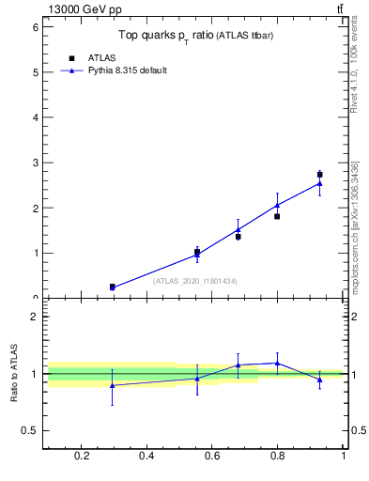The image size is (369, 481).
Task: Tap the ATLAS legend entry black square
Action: (x=71, y=58)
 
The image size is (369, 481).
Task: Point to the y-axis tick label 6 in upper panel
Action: (x=34, y=27)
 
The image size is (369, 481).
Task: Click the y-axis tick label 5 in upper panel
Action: (x=34, y=72)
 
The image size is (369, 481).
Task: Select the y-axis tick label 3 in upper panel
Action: (x=34, y=163)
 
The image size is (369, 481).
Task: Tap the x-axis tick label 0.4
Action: (x=146, y=457)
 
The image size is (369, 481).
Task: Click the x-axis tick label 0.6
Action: (x=212, y=457)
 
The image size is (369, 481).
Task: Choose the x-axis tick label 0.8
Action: (x=277, y=457)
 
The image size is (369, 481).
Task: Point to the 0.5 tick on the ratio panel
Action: (x=30, y=430)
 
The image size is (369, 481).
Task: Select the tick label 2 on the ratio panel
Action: (x=34, y=317)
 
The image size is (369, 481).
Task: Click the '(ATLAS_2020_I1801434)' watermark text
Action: (x=195, y=281)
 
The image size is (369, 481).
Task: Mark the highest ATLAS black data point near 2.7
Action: (x=319, y=175)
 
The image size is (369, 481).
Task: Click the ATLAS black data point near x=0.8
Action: (x=277, y=216)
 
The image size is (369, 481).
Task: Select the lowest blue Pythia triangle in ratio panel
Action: (x=113, y=385)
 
